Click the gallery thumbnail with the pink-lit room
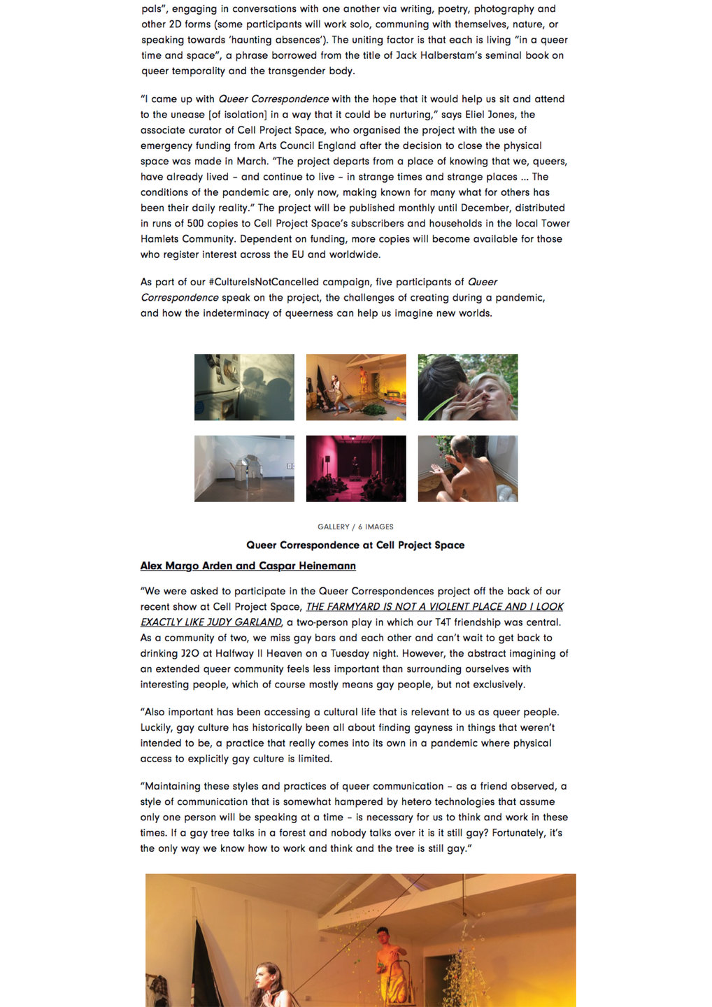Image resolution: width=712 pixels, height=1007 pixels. [356, 469]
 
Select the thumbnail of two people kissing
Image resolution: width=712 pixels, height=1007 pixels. [468, 387]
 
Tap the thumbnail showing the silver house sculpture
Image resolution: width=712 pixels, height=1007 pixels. [244, 469]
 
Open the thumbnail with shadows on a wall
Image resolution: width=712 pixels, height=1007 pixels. [244, 387]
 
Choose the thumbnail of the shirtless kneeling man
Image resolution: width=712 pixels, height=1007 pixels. [468, 469]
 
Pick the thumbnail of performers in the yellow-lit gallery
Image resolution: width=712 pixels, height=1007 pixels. [356, 387]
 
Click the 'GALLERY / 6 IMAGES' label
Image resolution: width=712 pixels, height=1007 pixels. [355, 527]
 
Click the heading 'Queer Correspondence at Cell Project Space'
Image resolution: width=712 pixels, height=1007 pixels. [355, 545]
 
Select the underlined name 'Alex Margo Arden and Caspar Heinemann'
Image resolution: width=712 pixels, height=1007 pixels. [248, 566]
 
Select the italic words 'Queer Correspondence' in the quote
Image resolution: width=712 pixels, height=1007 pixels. [273, 99]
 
